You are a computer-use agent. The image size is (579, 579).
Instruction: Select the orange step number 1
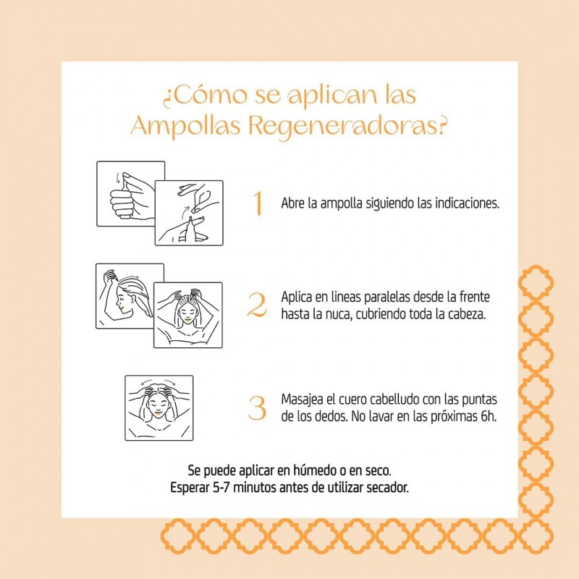258,203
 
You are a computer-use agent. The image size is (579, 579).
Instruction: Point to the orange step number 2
257,305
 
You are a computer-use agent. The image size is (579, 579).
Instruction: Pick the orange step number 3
257,408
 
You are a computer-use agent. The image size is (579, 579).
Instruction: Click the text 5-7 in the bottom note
221,488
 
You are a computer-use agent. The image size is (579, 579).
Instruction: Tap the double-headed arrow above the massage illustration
159,382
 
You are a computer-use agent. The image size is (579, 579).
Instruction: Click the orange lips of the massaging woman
158,413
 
